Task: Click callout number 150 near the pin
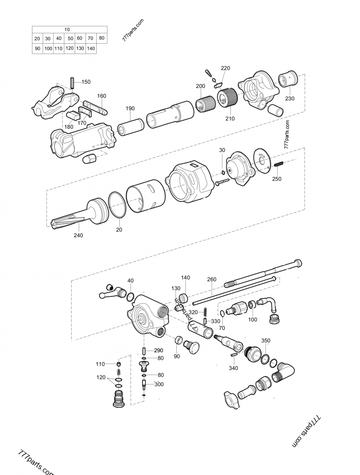[x=85, y=82]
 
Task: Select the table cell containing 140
[x=90, y=49]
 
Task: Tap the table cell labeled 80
[x=102, y=38]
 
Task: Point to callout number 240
[x=78, y=235]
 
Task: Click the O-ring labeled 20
[x=118, y=204]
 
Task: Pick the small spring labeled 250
[x=279, y=165]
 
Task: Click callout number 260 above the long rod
[x=212, y=279]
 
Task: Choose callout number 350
[x=266, y=341]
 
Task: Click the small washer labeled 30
[x=223, y=173]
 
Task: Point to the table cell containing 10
[x=67, y=29]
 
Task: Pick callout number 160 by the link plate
[x=102, y=96]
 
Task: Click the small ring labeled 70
[x=222, y=313]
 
